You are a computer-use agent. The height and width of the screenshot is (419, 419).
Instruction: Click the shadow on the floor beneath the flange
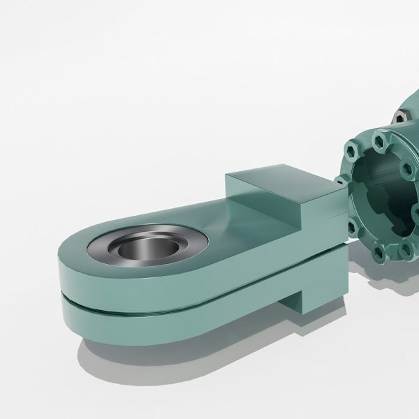click(x=391, y=293)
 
